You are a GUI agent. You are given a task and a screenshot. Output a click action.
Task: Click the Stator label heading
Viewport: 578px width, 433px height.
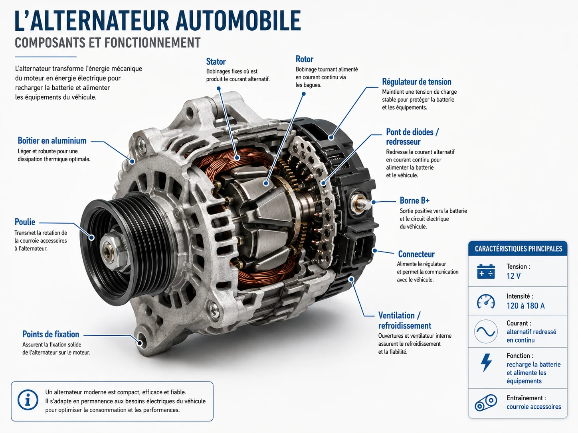click(x=216, y=61)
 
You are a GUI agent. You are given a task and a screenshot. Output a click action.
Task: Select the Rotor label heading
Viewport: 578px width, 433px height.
click(x=305, y=59)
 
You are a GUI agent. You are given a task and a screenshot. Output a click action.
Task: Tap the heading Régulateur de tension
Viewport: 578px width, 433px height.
click(x=417, y=82)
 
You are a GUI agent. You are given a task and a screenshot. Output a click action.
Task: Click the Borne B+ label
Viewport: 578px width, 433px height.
click(x=414, y=200)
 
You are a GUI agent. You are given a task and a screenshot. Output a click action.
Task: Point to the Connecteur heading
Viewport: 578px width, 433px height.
click(x=416, y=254)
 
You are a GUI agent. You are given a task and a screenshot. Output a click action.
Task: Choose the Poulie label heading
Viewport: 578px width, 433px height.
click(x=25, y=222)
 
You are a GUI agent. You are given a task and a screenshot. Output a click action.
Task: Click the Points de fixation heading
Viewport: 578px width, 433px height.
click(x=51, y=334)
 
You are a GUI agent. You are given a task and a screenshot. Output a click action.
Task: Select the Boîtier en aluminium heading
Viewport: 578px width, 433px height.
click(x=52, y=141)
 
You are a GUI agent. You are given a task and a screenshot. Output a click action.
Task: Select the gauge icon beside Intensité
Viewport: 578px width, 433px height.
click(x=485, y=301)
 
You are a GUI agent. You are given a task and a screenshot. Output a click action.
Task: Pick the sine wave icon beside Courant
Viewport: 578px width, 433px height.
click(x=485, y=331)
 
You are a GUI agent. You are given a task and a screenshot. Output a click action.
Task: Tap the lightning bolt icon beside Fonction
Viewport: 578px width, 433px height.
click(x=486, y=363)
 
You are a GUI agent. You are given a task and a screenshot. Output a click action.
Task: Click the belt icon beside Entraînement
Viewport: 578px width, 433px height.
click(x=485, y=403)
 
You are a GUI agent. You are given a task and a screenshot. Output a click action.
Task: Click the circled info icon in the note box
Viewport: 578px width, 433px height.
click(x=28, y=400)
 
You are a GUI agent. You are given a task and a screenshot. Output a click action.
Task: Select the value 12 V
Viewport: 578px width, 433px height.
click(x=513, y=276)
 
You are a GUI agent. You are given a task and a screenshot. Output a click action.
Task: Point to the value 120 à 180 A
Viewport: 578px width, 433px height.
click(x=525, y=306)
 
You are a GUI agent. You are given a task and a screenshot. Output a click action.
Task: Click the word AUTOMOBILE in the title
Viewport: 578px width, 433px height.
click(x=238, y=21)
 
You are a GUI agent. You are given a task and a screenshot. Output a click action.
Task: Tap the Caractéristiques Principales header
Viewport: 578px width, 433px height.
click(x=518, y=249)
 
